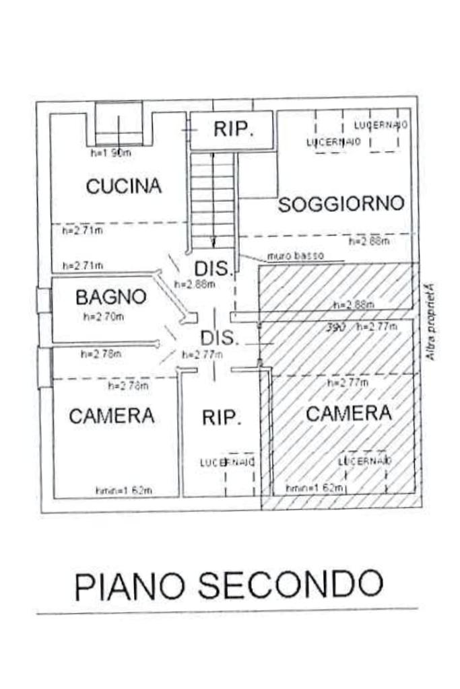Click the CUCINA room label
click(x=124, y=186)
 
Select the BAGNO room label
click(x=110, y=297)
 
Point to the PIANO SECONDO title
click(x=228, y=585)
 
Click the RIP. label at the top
click(x=234, y=130)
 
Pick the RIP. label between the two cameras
click(x=221, y=418)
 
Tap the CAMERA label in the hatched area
click(x=348, y=413)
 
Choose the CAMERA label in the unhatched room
click(x=111, y=416)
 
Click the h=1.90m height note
click(x=110, y=153)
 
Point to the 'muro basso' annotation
click(x=295, y=256)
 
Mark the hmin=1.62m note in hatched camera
click(x=315, y=487)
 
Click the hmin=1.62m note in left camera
click(x=123, y=490)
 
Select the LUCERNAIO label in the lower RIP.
click(x=227, y=462)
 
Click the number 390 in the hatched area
click(x=337, y=327)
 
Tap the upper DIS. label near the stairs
click(x=214, y=268)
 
